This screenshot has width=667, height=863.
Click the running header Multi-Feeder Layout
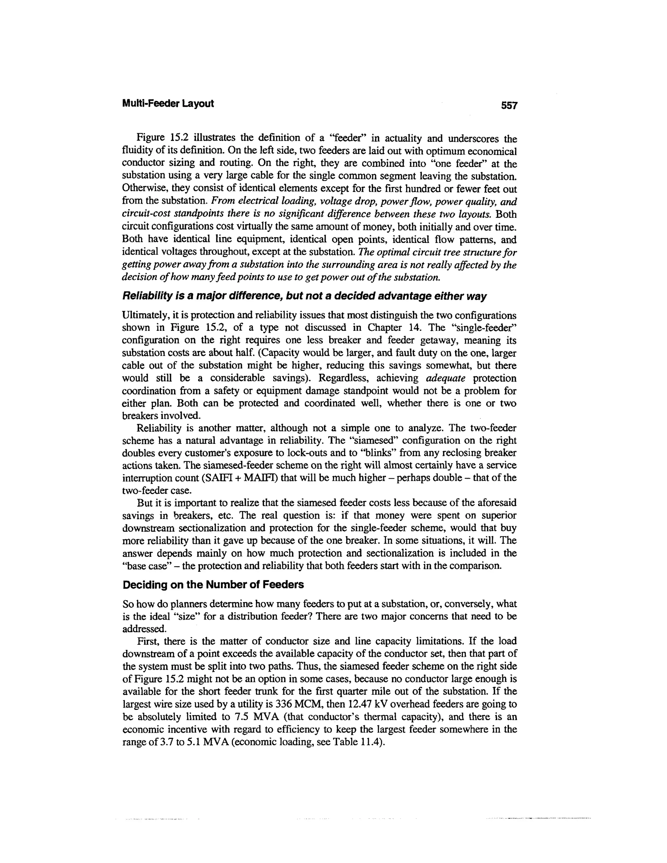(168, 104)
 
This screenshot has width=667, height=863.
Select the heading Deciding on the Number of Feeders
(213, 585)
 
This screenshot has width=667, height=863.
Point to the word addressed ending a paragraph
(144, 628)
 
